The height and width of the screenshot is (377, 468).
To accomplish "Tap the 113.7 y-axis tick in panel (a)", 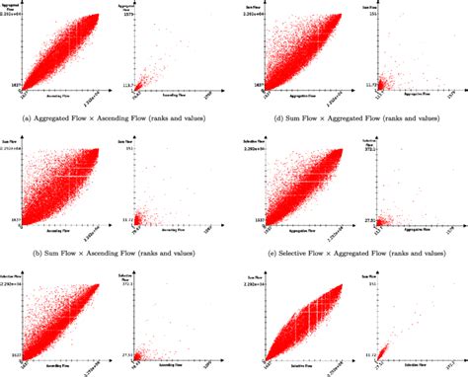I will click(x=124, y=86).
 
